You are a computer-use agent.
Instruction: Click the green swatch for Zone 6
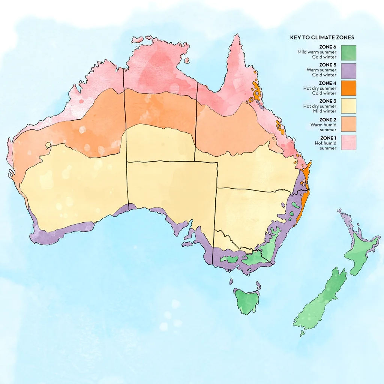[x=348, y=52]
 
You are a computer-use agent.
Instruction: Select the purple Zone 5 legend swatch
[x=348, y=70]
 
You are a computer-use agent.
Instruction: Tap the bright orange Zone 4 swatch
[x=348, y=88]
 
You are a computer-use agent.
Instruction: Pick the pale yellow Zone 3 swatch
[x=348, y=106]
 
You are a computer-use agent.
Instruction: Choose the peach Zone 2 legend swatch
[x=348, y=124]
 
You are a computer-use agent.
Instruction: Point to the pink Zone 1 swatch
[x=348, y=142]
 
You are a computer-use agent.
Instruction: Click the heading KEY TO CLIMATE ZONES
[x=322, y=37]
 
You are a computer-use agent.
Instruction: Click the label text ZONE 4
[x=328, y=83]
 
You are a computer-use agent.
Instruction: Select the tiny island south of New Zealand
[x=302, y=333]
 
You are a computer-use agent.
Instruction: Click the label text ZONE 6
[x=328, y=47]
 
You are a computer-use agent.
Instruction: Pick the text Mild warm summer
[x=317, y=52]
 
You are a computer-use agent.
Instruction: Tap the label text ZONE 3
[x=328, y=101]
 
